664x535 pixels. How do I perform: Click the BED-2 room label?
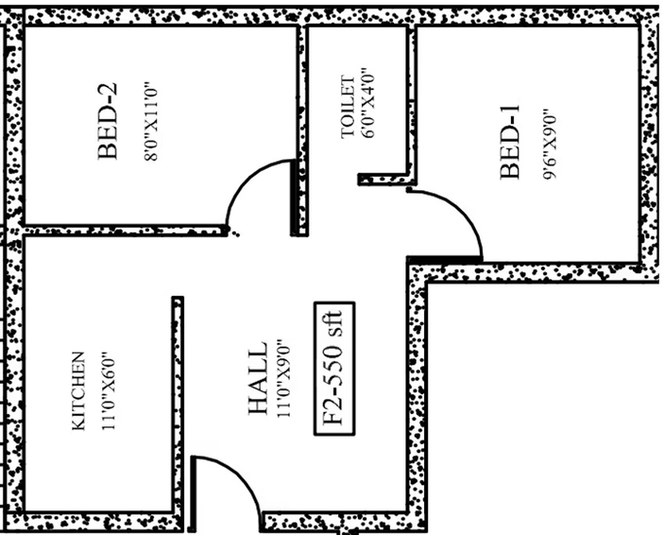coord(108,121)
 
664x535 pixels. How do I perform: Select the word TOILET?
coord(348,107)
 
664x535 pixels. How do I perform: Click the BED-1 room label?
coord(509,142)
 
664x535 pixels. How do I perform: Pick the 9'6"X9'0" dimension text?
coord(549,144)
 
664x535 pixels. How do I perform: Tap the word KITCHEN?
coord(78,391)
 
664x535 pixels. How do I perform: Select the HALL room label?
coord(257,377)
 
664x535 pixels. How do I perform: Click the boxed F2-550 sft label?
coord(334,369)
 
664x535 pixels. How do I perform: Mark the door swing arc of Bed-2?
coord(245,177)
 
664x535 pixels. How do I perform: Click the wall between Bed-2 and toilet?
coord(300,129)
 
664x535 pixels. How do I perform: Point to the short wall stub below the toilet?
coord(386,180)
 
